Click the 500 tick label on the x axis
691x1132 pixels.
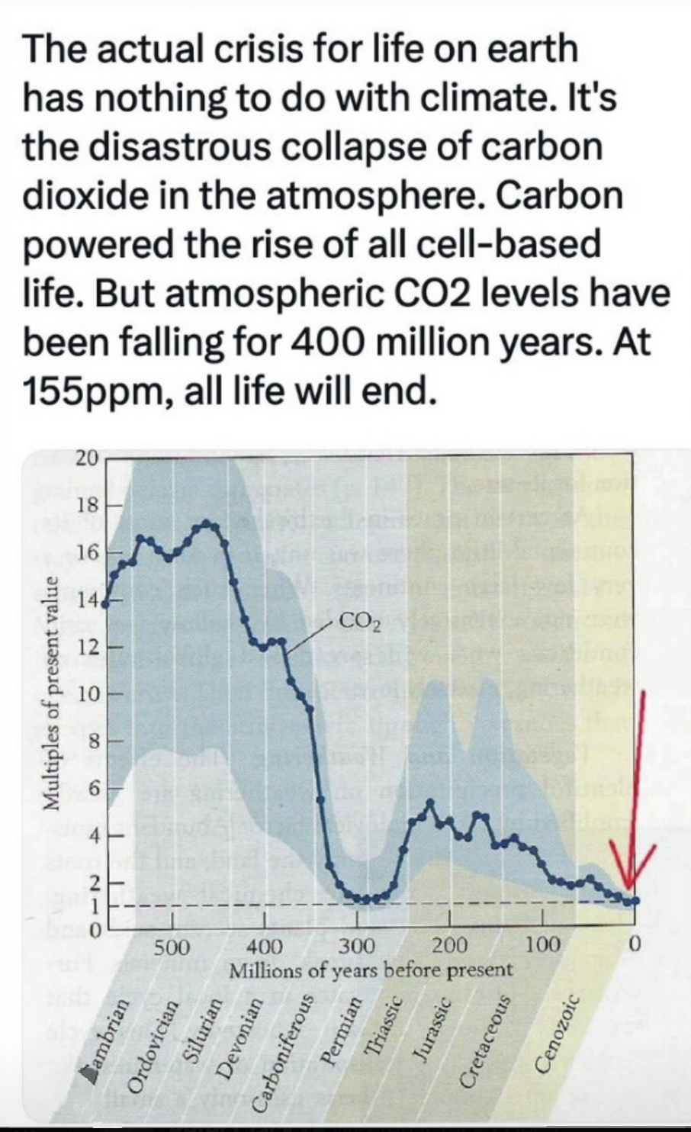pos(172,947)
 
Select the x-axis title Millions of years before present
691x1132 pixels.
pos(371,971)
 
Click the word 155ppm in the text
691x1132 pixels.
pos(92,391)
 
